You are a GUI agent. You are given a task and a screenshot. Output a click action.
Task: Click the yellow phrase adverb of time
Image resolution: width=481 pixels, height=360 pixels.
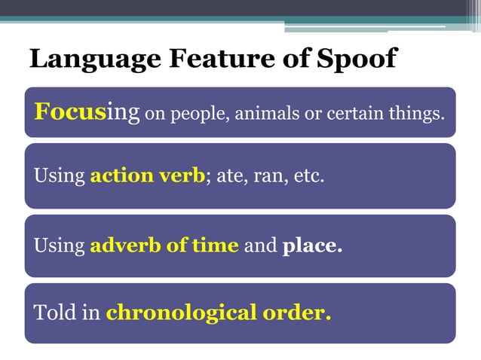point(164,246)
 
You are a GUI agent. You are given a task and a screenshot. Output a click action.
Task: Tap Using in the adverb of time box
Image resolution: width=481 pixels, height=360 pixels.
point(60,246)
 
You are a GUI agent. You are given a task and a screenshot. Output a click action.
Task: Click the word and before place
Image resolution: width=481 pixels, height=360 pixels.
point(261,246)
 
